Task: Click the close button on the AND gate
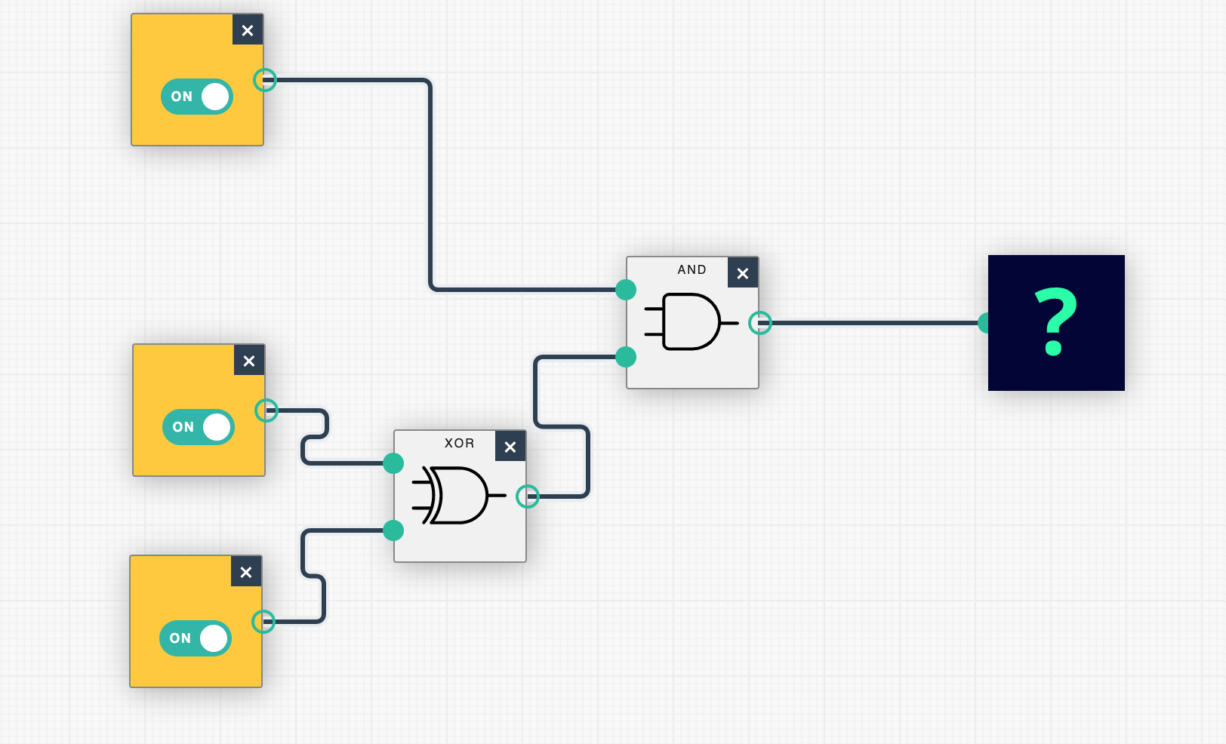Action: tap(743, 273)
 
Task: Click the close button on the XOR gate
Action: tap(510, 447)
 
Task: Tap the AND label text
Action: tap(692, 269)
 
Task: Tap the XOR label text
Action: tap(459, 443)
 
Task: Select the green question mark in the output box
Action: tap(1055, 322)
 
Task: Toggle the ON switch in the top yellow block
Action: tap(197, 97)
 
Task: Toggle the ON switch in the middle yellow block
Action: tap(199, 427)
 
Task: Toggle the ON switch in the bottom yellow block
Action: tap(196, 638)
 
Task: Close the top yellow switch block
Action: tap(248, 30)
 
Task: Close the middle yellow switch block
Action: tap(249, 361)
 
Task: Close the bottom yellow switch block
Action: tap(246, 572)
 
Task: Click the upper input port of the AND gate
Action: tap(626, 290)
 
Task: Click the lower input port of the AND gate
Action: tap(626, 357)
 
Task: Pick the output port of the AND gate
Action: tap(760, 323)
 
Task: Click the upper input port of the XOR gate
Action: tap(393, 463)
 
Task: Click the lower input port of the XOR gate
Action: tap(393, 530)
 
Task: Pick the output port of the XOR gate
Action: tap(528, 497)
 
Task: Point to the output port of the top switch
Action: tap(265, 80)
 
